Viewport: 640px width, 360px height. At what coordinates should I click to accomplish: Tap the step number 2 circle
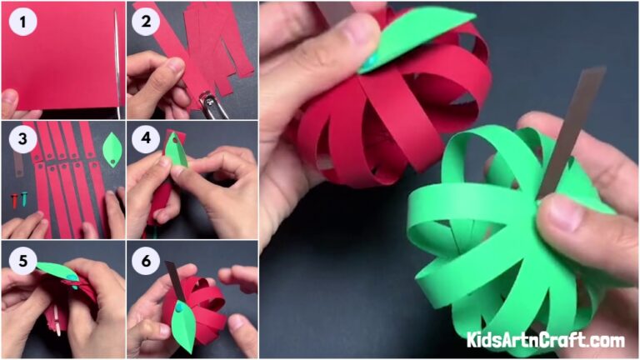click(146, 20)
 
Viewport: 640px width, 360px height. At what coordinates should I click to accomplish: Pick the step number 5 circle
click(20, 261)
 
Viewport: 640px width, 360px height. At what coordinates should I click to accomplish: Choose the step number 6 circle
click(146, 261)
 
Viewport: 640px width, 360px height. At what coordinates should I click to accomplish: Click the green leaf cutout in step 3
click(111, 151)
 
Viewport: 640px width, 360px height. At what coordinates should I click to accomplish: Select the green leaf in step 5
click(57, 272)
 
